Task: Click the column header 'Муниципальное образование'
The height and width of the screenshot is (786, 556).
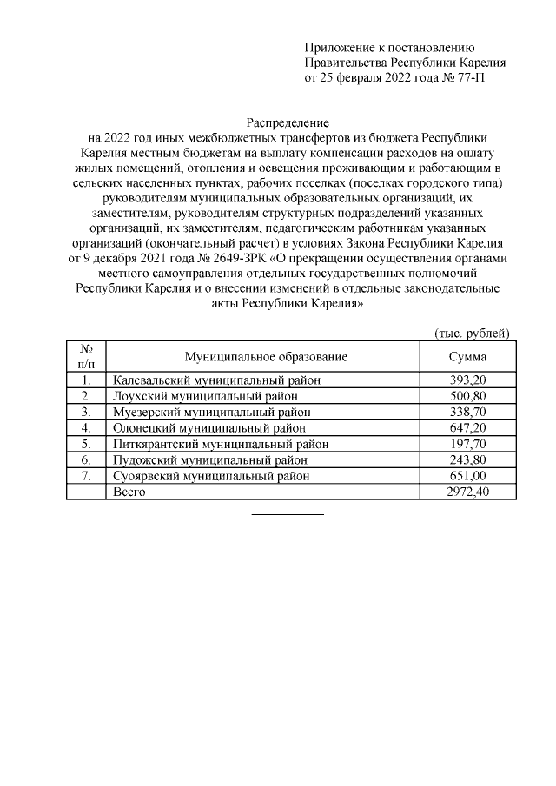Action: click(x=266, y=357)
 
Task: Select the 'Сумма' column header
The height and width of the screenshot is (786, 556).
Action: click(x=467, y=357)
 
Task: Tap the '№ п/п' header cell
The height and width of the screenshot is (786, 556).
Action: click(x=86, y=357)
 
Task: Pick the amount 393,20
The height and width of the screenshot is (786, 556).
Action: click(x=467, y=380)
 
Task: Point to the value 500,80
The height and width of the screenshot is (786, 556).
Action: click(x=467, y=396)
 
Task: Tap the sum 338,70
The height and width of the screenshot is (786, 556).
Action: click(x=467, y=413)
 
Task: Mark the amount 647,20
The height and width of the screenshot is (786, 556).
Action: click(x=467, y=428)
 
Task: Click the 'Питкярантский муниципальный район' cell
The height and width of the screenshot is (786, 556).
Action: click(x=221, y=444)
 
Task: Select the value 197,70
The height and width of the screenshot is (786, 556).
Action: click(x=467, y=444)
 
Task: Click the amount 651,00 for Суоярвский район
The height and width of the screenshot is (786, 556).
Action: click(x=467, y=476)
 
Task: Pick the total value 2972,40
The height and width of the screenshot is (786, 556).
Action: click(x=467, y=492)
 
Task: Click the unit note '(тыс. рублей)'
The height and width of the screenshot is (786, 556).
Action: click(x=472, y=334)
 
